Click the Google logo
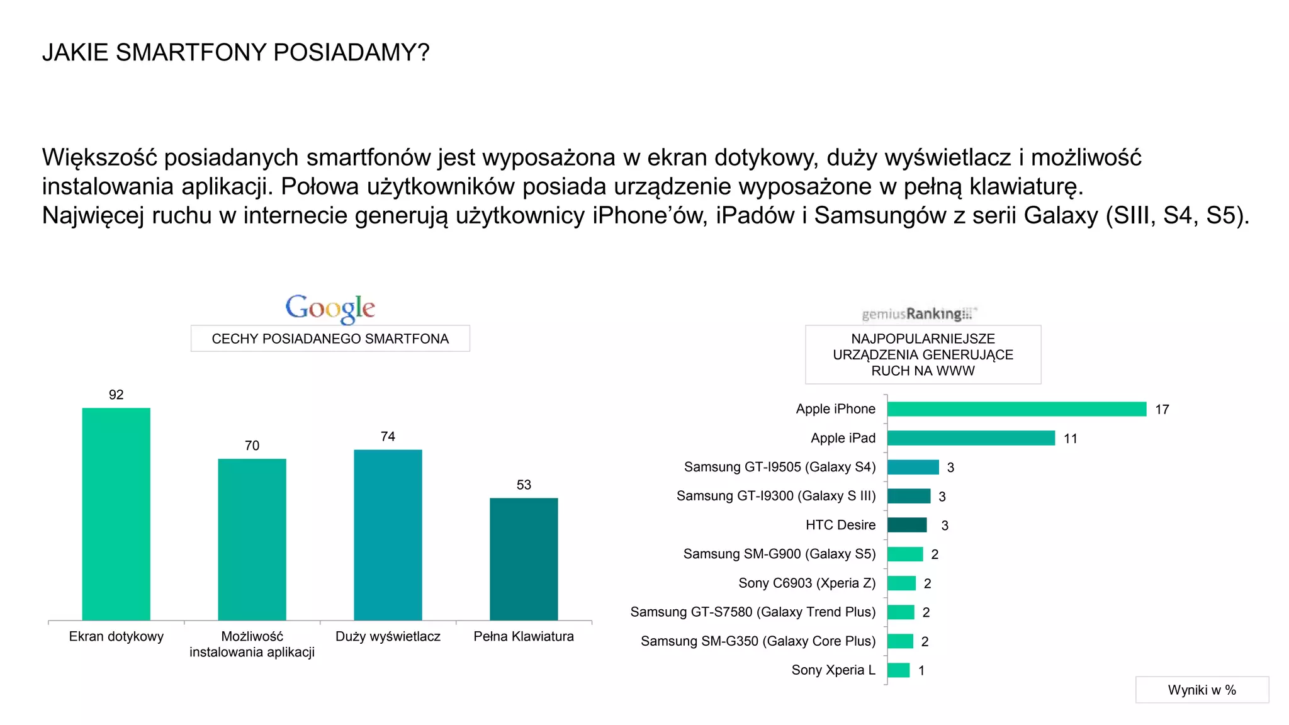tap(330, 308)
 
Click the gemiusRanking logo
tap(918, 313)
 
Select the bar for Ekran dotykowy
tap(116, 514)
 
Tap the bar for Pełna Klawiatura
tap(524, 559)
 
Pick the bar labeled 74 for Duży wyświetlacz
tap(388, 535)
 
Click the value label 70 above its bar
tap(252, 446)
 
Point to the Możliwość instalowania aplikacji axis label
tap(252, 644)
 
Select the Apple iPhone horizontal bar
tap(1016, 409)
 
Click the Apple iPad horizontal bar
tap(971, 438)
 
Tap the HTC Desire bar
tap(907, 525)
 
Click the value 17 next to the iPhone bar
tap(1162, 410)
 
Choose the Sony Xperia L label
tap(833, 670)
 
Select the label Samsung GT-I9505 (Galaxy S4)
tap(780, 467)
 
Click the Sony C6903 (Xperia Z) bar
tap(901, 583)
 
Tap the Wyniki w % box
tap(1202, 690)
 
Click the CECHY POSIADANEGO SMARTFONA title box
tap(330, 339)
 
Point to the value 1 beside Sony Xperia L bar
tap(921, 671)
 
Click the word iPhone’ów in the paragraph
tap(650, 216)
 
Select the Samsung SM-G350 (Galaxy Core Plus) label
tap(758, 641)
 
